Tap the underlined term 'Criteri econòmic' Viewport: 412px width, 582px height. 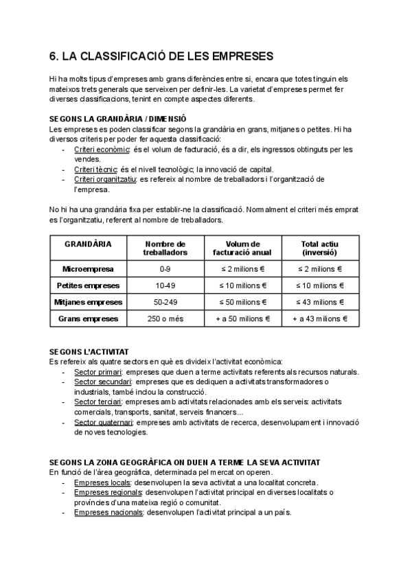pos(102,149)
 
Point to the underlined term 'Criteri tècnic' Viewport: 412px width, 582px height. pos(96,170)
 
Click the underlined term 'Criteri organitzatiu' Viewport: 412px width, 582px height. pos(106,179)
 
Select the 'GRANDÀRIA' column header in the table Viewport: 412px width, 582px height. pos(88,244)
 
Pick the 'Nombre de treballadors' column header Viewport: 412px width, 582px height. pos(165,248)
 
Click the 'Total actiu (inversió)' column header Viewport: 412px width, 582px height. pos(319,248)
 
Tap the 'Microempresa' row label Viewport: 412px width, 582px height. pos(88,269)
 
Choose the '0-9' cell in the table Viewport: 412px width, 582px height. pos(165,269)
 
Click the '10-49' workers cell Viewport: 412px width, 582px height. pos(165,286)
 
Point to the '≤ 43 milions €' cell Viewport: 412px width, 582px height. pos(319,302)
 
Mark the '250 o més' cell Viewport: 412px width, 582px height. pos(165,318)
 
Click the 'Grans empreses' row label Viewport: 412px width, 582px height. pos(88,318)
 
